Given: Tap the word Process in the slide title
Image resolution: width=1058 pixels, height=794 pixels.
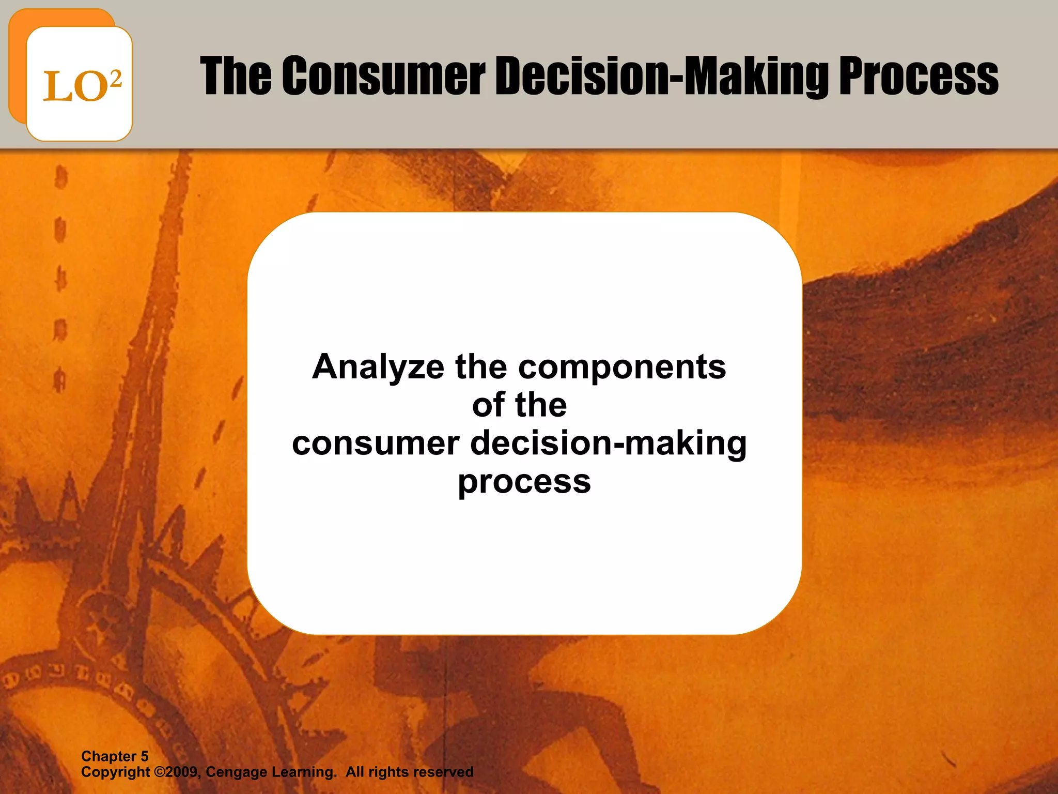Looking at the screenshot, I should pyautogui.click(x=918, y=77).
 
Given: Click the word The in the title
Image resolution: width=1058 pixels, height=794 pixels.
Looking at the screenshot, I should pyautogui.click(x=236, y=77).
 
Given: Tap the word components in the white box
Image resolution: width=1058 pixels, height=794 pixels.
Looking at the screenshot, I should pyautogui.click(x=622, y=367).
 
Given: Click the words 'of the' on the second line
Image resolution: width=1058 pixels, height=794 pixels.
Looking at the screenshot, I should pyautogui.click(x=519, y=405).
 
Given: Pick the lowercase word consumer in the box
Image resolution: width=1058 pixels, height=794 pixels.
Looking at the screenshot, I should pyautogui.click(x=376, y=443).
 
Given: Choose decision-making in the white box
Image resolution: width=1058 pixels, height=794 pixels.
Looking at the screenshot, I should pyautogui.click(x=609, y=443).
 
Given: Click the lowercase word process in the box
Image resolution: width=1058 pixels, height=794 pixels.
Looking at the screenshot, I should pyautogui.click(x=524, y=482).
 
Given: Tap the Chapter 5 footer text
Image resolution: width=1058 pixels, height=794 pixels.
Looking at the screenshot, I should pyautogui.click(x=115, y=756).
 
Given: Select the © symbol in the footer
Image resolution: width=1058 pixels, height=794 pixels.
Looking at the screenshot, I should pyautogui.click(x=159, y=772).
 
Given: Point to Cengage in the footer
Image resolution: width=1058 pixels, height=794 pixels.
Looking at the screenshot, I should pyautogui.click(x=236, y=773).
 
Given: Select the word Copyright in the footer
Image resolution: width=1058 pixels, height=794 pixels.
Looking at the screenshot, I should pyautogui.click(x=115, y=773).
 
